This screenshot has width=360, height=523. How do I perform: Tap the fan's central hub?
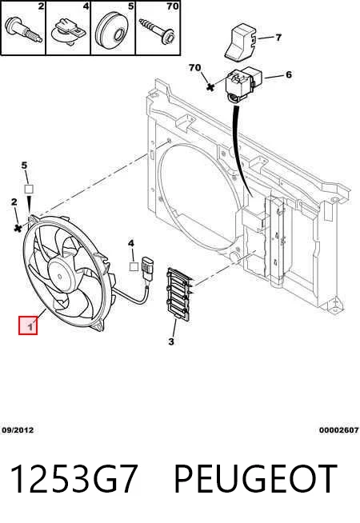60,275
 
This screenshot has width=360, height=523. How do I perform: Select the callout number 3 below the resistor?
171,341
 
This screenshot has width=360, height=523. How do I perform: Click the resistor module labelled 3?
179,294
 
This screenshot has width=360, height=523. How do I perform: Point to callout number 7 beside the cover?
278,38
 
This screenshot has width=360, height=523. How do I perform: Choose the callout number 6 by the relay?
289,74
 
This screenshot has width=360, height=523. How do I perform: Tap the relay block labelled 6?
244,85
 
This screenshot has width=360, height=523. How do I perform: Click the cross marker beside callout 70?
210,87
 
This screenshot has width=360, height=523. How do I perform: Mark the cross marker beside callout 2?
18,228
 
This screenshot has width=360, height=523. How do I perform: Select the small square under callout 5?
29,189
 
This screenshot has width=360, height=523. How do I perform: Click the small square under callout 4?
134,266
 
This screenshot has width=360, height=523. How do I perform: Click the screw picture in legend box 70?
158,30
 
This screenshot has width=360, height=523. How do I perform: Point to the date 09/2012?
18,430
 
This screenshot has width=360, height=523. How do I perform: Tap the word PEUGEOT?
255,479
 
